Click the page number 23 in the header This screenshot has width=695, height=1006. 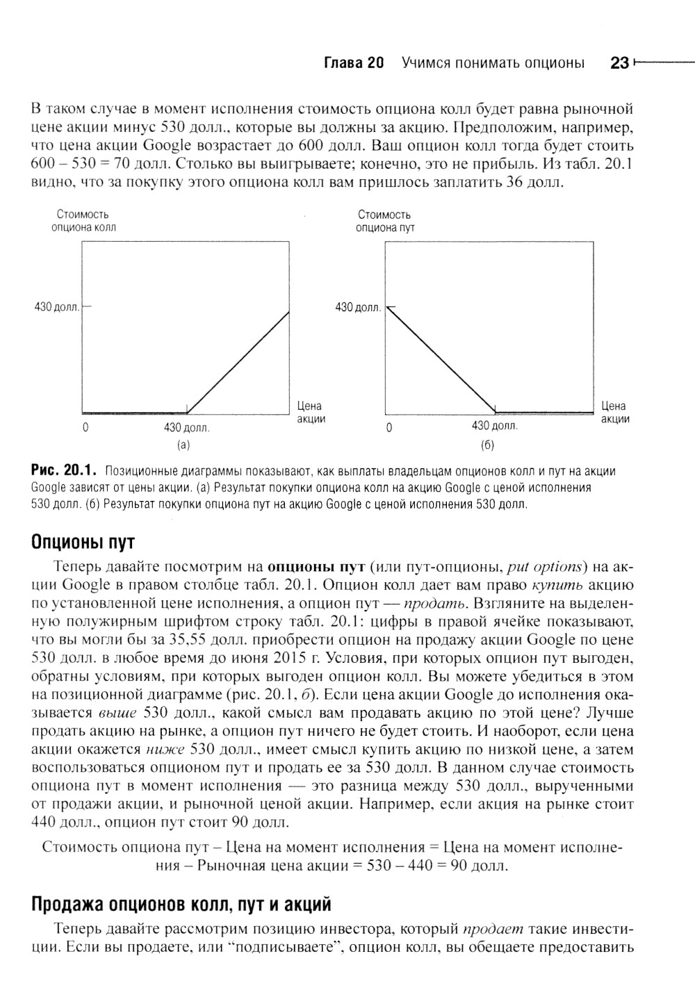pyautogui.click(x=619, y=63)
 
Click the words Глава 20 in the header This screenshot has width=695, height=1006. pyautogui.click(x=354, y=63)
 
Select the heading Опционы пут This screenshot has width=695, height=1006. pyautogui.click(x=83, y=541)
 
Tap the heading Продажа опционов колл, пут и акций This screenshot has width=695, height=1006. pyautogui.click(x=181, y=904)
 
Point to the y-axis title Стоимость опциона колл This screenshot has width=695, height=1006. pyautogui.click(x=83, y=221)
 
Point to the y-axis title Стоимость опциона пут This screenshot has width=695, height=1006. pyautogui.click(x=384, y=221)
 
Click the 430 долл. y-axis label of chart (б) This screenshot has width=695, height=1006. pyautogui.click(x=358, y=306)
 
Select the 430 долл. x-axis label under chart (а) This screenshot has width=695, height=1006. pyautogui.click(x=186, y=428)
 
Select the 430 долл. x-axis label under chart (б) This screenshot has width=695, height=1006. pyautogui.click(x=494, y=425)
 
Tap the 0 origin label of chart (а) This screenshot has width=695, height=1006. pyautogui.click(x=85, y=428)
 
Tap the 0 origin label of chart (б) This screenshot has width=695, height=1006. pyautogui.click(x=389, y=428)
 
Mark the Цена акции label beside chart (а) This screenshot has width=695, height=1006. pyautogui.click(x=310, y=412)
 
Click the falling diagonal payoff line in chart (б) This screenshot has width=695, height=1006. pyautogui.click(x=440, y=358)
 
